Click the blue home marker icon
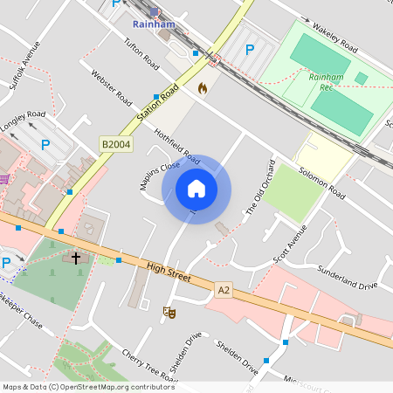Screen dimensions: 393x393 pyautogui.click(x=196, y=189)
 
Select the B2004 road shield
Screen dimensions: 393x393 pyautogui.click(x=114, y=144)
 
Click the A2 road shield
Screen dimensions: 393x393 pyautogui.click(x=224, y=287)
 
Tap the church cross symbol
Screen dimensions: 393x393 pyautogui.click(x=76, y=259)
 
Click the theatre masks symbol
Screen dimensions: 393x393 pyautogui.click(x=169, y=311)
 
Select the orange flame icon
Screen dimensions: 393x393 pyautogui.click(x=203, y=88)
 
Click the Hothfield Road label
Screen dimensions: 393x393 pyautogui.click(x=177, y=144)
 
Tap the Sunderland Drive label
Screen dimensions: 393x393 pyautogui.click(x=347, y=278)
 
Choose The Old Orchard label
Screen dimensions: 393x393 pyautogui.click(x=260, y=188)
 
